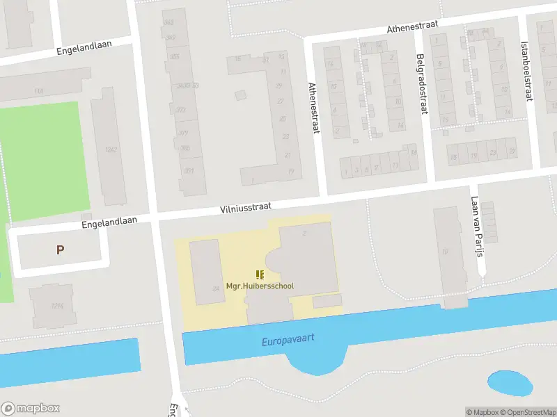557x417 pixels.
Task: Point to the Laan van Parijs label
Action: click(476, 227)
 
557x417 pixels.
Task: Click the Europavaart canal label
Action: click(288, 340)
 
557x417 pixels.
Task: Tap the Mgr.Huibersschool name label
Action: click(260, 286)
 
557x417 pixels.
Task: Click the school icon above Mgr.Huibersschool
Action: click(260, 275)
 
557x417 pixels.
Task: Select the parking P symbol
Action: click(61, 250)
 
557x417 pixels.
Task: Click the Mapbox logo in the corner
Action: click(31, 409)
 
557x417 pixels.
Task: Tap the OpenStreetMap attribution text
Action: click(528, 412)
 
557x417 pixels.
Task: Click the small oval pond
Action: click(510, 383)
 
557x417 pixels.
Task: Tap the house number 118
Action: click(38, 91)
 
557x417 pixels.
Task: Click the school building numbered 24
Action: click(205, 271)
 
